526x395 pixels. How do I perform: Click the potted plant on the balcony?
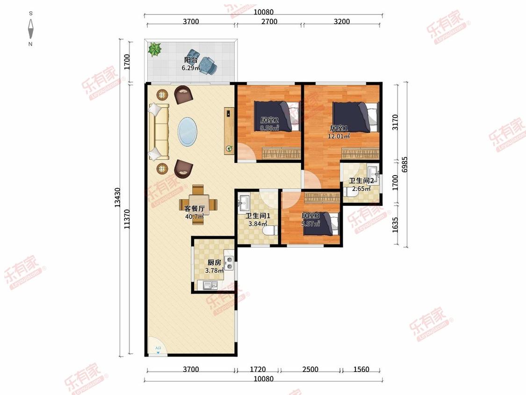[155, 50]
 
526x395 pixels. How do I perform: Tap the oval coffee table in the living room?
[187, 132]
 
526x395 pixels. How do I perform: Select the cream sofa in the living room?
[159, 132]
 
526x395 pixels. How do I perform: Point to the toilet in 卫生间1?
[270, 230]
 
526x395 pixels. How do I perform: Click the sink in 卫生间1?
[244, 201]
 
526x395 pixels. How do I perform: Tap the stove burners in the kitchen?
[229, 263]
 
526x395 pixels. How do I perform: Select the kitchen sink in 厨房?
[210, 285]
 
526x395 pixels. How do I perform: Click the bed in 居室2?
[277, 116]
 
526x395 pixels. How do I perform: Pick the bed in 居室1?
[355, 117]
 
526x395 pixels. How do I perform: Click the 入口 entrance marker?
[158, 350]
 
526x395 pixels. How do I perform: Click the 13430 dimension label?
[117, 197]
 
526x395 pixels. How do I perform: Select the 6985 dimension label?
[404, 165]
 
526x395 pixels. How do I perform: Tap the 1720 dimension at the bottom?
[258, 369]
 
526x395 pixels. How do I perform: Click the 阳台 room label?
[191, 60]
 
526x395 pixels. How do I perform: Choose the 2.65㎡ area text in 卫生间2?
[361, 189]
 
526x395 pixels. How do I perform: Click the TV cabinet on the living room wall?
[229, 131]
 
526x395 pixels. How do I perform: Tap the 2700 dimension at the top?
[269, 22]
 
